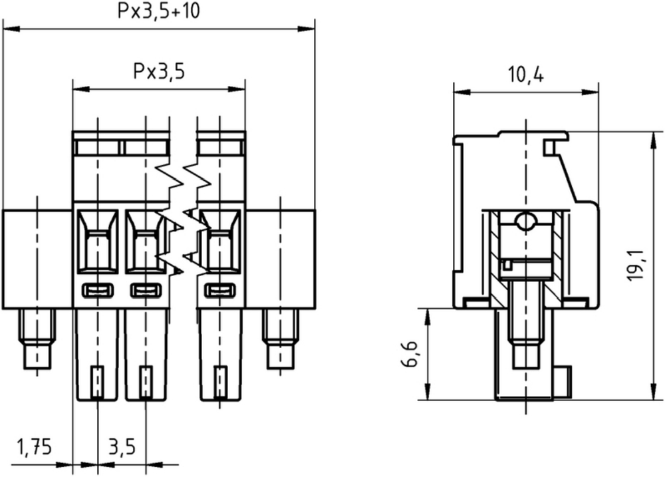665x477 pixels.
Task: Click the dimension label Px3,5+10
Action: tap(158, 11)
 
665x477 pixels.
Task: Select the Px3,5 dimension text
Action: tap(159, 71)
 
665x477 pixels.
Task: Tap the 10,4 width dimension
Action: tap(526, 75)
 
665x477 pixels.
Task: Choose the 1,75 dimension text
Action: tap(34, 447)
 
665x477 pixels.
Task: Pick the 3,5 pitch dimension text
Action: tap(122, 447)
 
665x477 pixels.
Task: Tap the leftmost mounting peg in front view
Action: tap(37, 339)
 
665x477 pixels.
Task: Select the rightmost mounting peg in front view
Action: tap(281, 339)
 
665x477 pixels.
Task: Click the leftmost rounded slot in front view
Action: tap(98, 290)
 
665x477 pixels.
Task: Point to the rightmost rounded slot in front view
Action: tap(220, 290)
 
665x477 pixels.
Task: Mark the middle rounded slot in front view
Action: tap(146, 290)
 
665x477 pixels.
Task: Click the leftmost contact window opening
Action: tap(98, 241)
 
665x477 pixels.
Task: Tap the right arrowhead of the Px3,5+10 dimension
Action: tap(306, 29)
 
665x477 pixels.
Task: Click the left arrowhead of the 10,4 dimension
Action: tap(463, 92)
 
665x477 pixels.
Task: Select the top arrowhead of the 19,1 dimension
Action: tap(653, 141)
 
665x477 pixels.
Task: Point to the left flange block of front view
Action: tap(38, 259)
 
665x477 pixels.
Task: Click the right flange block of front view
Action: tap(281, 259)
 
